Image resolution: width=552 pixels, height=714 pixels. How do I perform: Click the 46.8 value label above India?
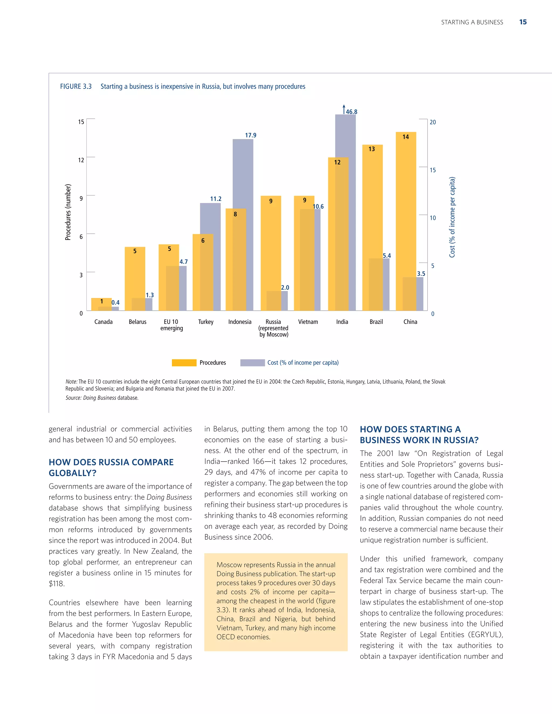click(x=351, y=112)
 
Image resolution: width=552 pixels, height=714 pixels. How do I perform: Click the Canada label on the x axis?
click(x=103, y=322)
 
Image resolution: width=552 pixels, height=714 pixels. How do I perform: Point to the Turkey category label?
click(x=206, y=322)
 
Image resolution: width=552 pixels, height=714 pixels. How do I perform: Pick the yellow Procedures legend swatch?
click(x=184, y=363)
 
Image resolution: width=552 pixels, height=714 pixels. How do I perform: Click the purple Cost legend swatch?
click(x=253, y=363)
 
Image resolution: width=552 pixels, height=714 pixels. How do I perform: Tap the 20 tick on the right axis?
click(x=433, y=122)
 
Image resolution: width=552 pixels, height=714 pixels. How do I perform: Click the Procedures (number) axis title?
click(x=68, y=212)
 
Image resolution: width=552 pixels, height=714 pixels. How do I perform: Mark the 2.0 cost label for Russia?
click(x=285, y=287)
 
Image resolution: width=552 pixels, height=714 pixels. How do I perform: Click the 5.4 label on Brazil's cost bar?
click(x=387, y=255)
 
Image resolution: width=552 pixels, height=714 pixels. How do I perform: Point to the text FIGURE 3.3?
click(x=76, y=86)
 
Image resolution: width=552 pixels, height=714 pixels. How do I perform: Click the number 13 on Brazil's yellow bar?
click(x=371, y=149)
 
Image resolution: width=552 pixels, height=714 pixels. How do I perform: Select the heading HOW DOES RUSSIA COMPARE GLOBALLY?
click(x=111, y=467)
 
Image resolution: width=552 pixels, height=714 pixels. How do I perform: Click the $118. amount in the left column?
click(x=57, y=584)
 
